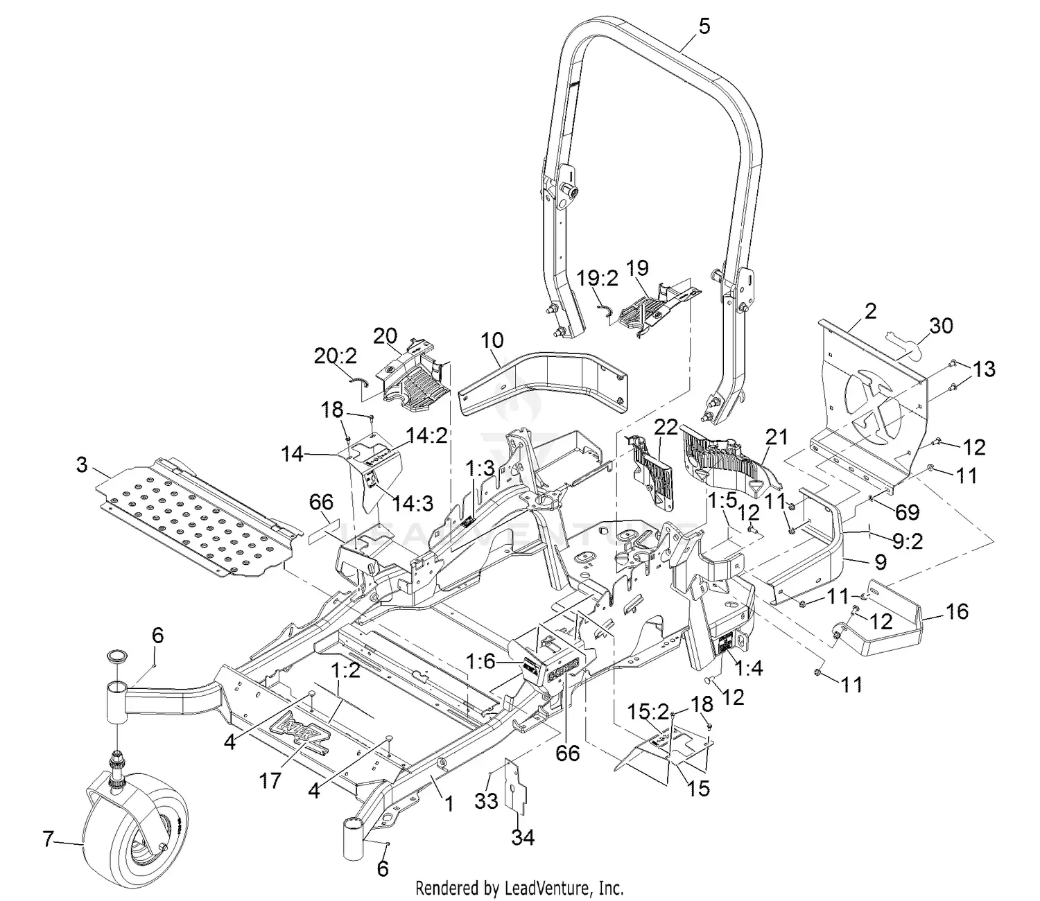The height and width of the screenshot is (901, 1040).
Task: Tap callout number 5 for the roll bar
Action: click(x=703, y=27)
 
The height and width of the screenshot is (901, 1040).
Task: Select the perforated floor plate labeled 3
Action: click(x=201, y=516)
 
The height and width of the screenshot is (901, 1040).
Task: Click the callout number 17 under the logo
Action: click(x=270, y=780)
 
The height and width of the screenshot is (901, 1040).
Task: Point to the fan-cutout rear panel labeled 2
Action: click(x=874, y=402)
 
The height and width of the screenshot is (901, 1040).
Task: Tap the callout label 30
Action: click(x=940, y=325)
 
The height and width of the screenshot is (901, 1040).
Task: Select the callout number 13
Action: click(x=984, y=369)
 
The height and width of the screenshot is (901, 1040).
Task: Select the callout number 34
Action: click(x=523, y=837)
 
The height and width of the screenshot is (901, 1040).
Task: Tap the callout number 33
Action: click(x=487, y=801)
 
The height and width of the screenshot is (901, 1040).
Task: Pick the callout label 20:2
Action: click(x=336, y=356)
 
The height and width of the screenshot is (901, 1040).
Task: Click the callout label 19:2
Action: click(x=597, y=278)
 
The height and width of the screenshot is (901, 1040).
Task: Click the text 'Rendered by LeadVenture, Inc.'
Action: click(x=519, y=887)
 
